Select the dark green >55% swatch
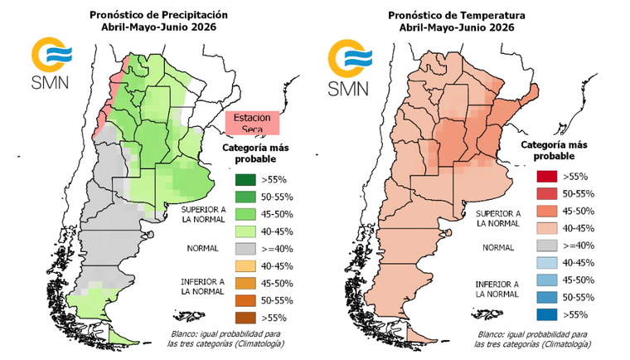click(x=245, y=178)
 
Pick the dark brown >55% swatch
click(x=245, y=315)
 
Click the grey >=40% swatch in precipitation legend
click(x=245, y=246)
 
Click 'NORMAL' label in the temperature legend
click(x=497, y=246)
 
